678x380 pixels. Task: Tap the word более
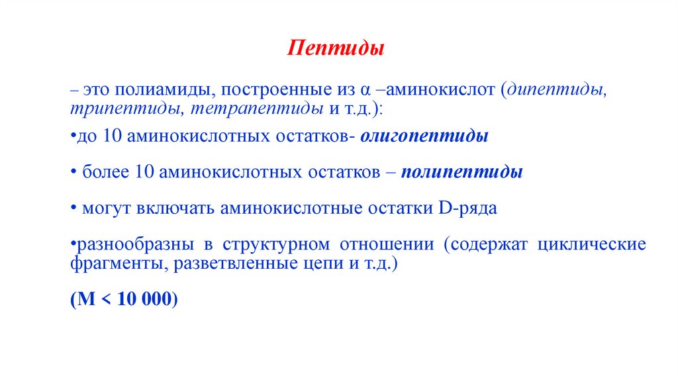(105, 172)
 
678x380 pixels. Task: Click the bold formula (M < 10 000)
(124, 299)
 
